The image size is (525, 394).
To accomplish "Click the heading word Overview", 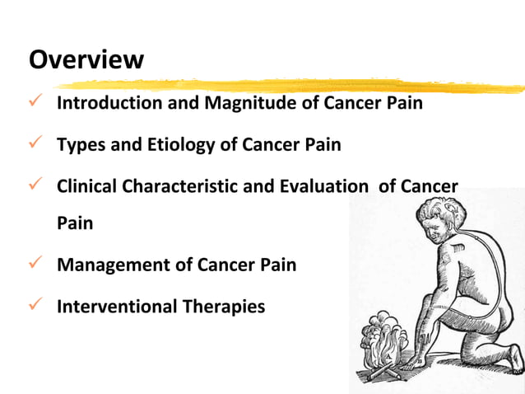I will click(86, 59).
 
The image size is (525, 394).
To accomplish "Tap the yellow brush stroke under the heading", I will click(288, 85).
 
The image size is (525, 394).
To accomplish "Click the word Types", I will click(80, 145).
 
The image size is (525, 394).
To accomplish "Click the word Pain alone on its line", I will click(74, 223).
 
